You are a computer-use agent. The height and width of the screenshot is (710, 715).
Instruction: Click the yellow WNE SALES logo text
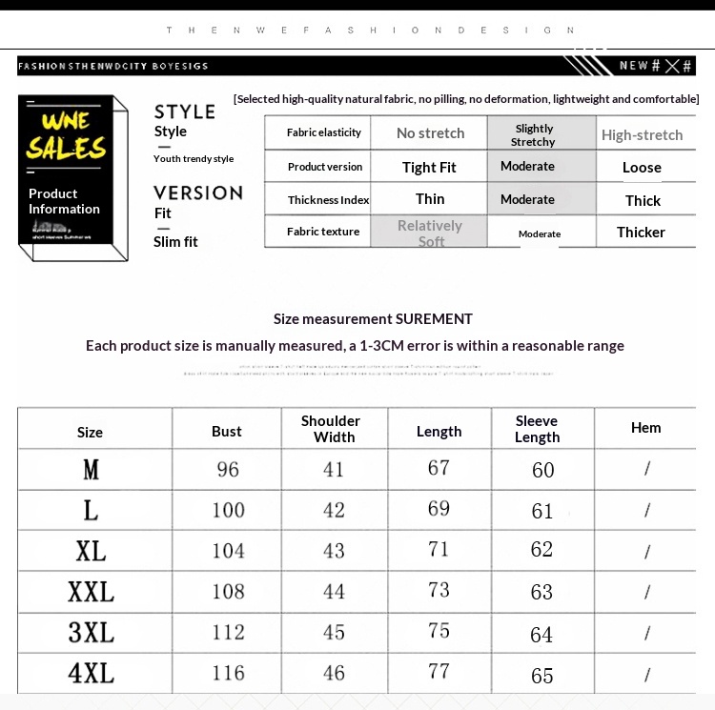pos(66,134)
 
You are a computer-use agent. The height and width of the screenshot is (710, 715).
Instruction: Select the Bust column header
pos(227,431)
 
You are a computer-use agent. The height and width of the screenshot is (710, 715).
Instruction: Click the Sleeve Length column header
pos(537,429)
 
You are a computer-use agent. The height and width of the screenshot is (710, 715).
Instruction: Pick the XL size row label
pos(91,551)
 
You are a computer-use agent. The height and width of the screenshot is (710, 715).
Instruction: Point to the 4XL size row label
pos(91,674)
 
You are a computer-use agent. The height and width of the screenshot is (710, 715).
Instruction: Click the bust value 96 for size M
pos(228,469)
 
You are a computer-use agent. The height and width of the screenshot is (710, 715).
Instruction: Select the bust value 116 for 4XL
pos(228,674)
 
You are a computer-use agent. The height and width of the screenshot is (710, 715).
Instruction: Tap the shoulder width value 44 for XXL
pos(334,592)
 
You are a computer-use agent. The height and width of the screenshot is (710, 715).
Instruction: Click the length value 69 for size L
pos(439,509)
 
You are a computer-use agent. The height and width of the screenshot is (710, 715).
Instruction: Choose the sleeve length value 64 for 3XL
pos(541,634)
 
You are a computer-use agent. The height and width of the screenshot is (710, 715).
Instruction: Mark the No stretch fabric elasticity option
pos(430,133)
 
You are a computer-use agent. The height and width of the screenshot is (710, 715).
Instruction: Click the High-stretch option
pos(642,135)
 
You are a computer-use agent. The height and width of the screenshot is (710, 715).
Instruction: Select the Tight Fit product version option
pos(429,168)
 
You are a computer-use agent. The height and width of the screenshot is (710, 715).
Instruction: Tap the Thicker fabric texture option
pos(641,232)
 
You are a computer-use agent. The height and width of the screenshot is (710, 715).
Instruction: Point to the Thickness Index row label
pos(328,200)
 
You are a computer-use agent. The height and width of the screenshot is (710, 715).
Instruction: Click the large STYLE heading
pos(185,112)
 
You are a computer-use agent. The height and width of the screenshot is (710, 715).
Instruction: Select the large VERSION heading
pos(198,193)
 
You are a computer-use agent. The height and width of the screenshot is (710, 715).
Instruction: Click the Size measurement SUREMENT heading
pos(373,318)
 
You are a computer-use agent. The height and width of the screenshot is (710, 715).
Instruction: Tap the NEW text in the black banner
pos(634,65)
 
